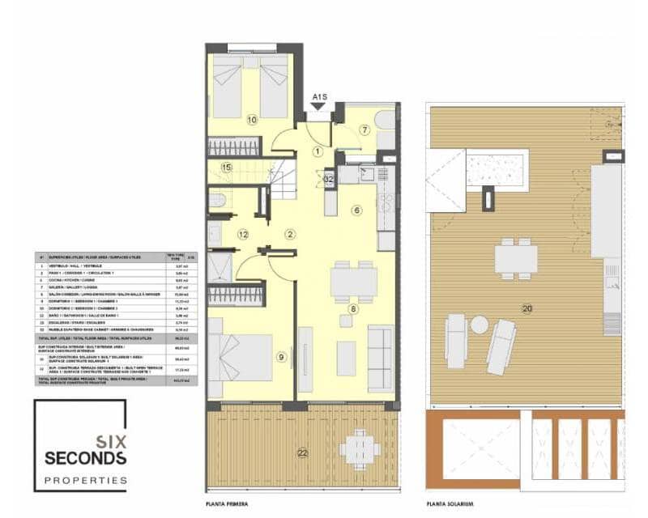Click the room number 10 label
coord(252,120)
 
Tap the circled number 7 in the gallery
coord(365,129)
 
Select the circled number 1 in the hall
coord(318,151)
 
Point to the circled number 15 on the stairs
coord(227,168)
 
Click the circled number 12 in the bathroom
coord(242,235)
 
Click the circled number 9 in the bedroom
coord(281,356)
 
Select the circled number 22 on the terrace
coord(302,453)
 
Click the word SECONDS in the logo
coord(86,458)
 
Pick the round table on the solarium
coord(480,325)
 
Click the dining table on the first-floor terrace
coord(357,448)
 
